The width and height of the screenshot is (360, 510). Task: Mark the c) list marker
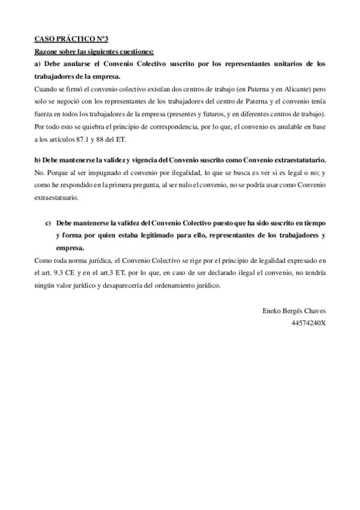[x=48, y=223]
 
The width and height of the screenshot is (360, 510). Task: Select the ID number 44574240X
[x=308, y=324]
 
